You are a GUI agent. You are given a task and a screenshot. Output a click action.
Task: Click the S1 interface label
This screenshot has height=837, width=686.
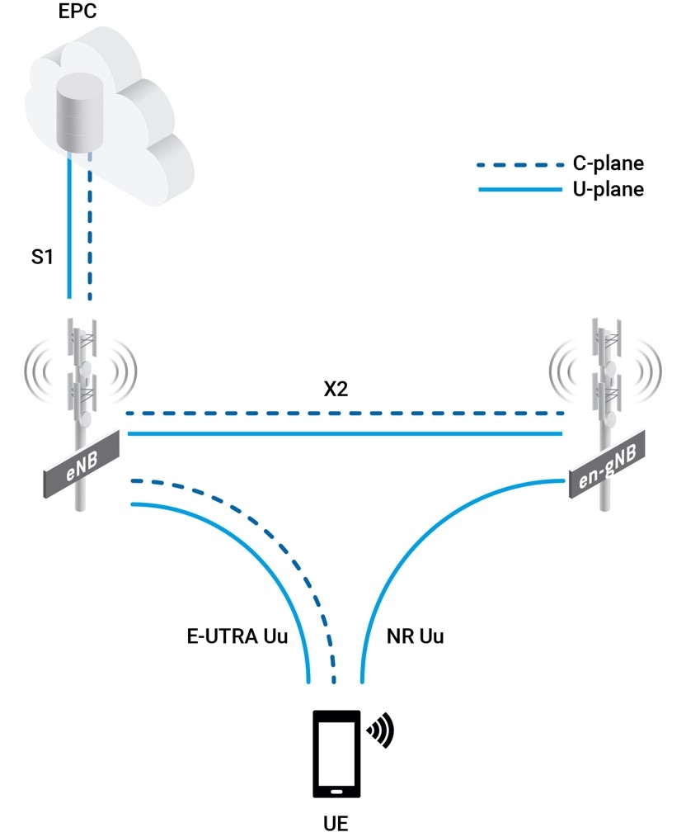(x=42, y=258)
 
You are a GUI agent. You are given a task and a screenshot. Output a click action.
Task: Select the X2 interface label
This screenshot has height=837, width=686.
(x=336, y=390)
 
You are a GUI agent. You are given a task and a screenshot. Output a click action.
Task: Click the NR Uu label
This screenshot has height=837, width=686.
(x=415, y=636)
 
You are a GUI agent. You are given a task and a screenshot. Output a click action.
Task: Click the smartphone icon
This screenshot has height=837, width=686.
(x=336, y=753)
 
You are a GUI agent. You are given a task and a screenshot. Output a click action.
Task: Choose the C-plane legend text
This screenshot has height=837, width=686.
(x=608, y=164)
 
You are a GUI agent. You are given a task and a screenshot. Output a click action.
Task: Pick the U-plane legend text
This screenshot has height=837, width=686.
(x=608, y=190)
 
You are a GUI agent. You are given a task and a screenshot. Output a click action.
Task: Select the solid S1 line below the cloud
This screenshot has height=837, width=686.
(x=69, y=239)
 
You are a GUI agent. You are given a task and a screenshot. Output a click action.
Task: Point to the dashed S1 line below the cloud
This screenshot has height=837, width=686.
(x=89, y=239)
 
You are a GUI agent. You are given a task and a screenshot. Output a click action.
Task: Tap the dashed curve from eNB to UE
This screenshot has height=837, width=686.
(x=272, y=537)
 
